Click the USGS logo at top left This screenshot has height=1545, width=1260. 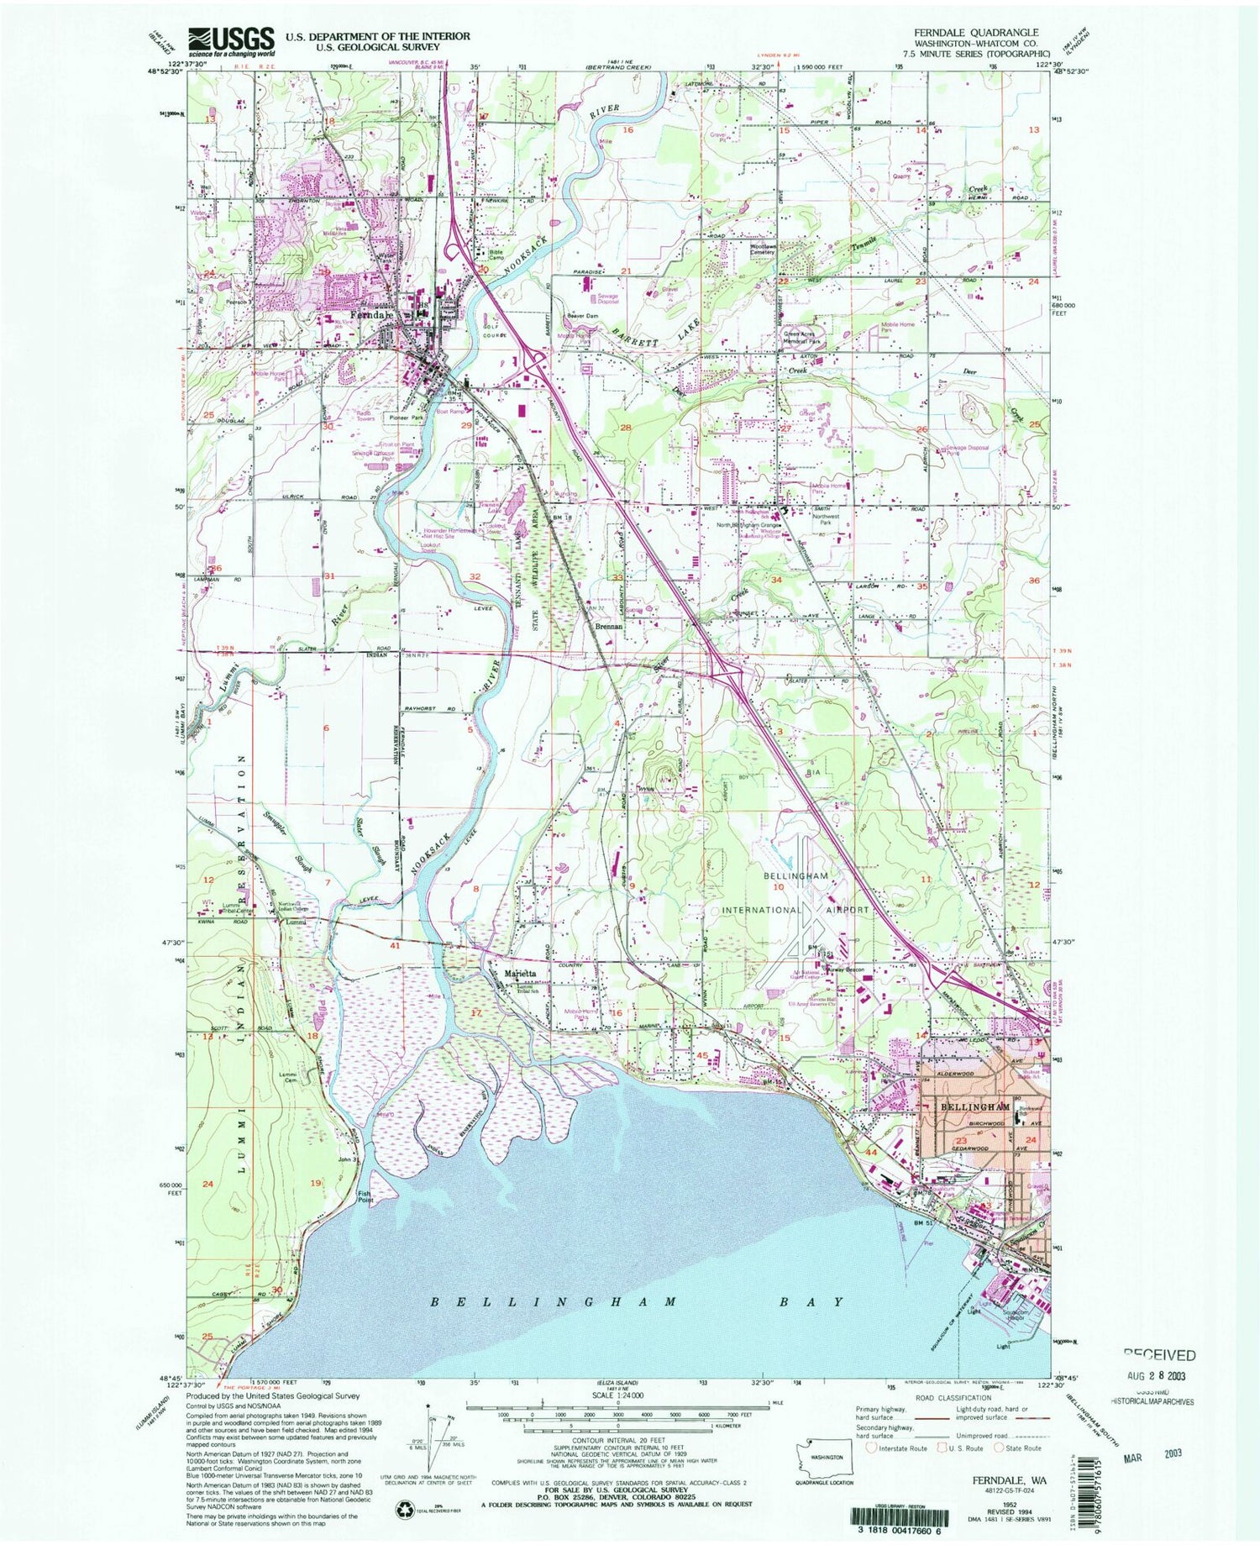pyautogui.click(x=231, y=39)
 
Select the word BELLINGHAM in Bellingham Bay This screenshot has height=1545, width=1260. pyautogui.click(x=554, y=1301)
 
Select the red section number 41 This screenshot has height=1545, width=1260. pyautogui.click(x=396, y=946)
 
